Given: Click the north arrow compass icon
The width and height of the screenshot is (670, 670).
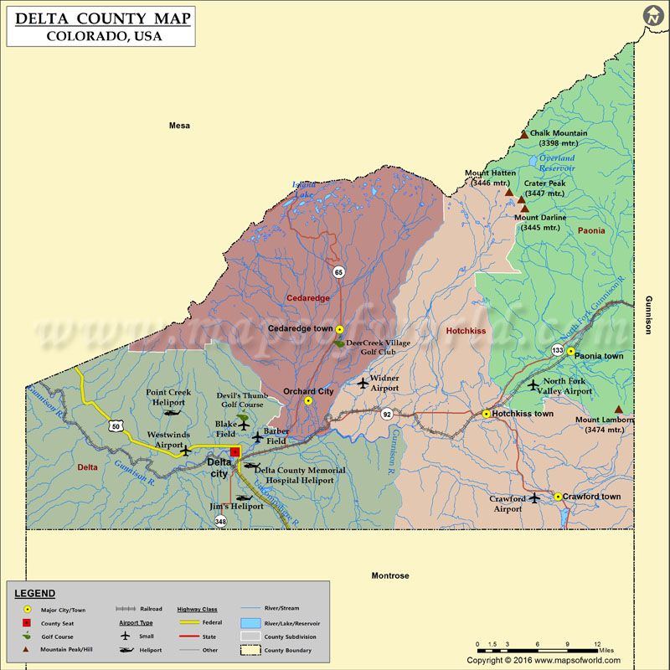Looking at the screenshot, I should point(653,16).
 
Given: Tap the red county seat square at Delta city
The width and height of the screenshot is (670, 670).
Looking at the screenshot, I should point(235,451).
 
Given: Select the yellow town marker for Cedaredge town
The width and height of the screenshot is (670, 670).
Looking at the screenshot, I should point(340,329).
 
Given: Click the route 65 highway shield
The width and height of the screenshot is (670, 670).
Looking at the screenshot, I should point(338,271).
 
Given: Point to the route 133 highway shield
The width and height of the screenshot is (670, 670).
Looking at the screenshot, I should point(558,349).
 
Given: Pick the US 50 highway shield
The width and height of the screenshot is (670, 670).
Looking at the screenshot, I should point(115,427).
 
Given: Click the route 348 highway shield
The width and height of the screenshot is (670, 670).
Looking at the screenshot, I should point(220,521).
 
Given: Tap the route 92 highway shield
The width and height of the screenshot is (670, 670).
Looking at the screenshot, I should point(386,414).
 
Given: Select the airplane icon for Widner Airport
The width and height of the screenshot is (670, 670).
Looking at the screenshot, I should point(362,383).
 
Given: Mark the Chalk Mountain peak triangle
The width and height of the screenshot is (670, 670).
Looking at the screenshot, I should point(524,134).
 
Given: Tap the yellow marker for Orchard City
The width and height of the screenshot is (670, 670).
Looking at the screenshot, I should point(308,400).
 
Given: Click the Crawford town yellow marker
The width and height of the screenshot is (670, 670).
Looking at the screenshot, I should point(558,497).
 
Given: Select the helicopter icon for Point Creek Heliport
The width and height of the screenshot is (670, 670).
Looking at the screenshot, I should point(173,412).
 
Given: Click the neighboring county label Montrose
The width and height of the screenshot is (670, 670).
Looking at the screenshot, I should point(390,575).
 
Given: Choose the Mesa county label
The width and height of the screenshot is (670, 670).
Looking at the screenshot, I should point(179,126).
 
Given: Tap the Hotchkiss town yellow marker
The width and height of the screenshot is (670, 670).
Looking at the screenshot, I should point(486,414).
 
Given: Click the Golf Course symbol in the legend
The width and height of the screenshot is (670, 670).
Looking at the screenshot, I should point(27,636).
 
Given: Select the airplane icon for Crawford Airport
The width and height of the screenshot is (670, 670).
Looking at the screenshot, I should point(535,498).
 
